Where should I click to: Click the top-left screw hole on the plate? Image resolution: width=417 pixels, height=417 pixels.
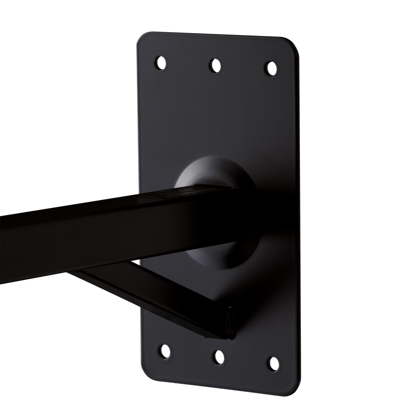pos(161,62)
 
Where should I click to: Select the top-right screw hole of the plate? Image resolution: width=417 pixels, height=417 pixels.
pos(270,68)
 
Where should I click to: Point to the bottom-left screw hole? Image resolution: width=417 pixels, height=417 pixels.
pos(163,351)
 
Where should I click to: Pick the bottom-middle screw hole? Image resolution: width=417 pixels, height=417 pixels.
pos(218,357)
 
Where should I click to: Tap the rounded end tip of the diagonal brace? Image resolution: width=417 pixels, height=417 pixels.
pos(231,322)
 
